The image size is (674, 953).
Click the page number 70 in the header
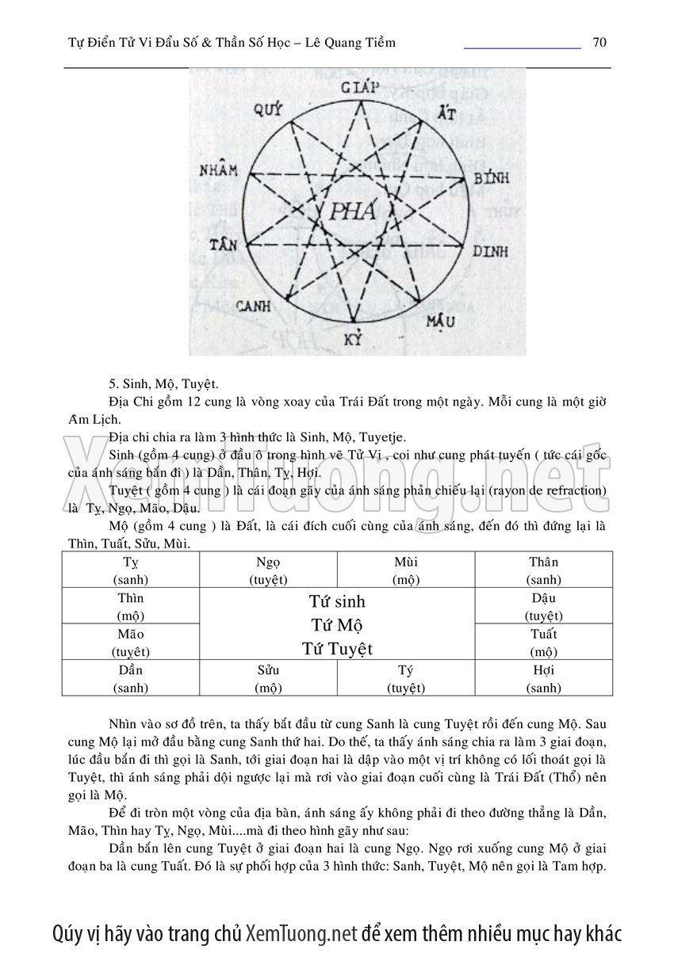pos(599,42)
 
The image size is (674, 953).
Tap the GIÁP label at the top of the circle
pos(360,86)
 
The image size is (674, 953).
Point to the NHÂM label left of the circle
pos(219,171)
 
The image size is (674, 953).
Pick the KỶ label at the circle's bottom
pos(353,341)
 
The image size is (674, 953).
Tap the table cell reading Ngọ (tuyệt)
pos(268,570)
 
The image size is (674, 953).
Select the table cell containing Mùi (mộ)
pos(405,570)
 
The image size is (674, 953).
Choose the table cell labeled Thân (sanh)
pos(543,570)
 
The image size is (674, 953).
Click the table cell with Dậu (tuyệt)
pos(543,606)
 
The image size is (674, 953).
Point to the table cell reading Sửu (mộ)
pos(268,678)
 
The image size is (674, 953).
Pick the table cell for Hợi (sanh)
pos(543,678)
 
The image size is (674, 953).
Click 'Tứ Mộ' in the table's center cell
pos(337,626)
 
